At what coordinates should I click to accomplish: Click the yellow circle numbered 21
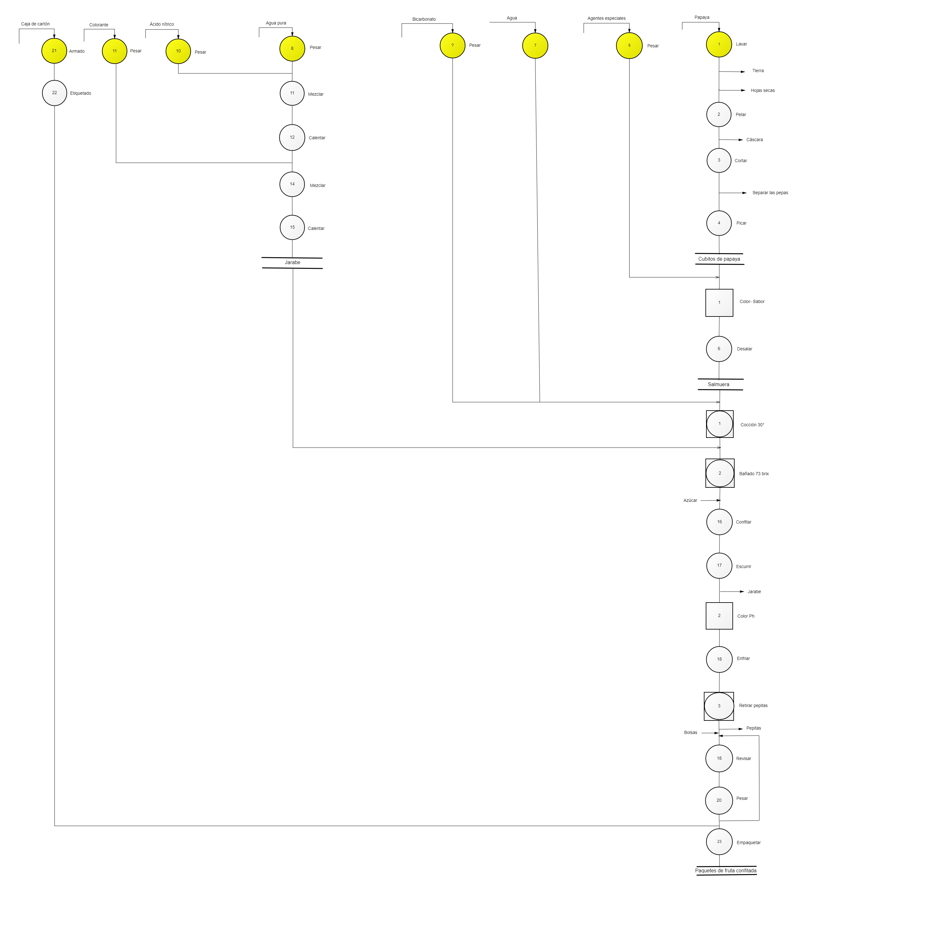coord(54,51)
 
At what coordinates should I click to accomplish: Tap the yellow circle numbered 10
coord(178,51)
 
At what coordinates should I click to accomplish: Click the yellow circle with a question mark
coord(453,45)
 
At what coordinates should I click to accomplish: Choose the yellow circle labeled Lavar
coord(719,44)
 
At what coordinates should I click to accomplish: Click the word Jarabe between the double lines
coord(292,263)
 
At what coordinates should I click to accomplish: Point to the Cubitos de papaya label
coord(719,259)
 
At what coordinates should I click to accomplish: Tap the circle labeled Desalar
coord(719,349)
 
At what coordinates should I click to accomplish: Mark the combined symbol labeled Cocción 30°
coord(720,424)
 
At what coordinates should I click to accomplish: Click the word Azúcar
coord(690,501)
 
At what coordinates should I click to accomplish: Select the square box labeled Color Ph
coord(719,616)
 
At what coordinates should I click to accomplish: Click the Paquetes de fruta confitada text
coord(726,871)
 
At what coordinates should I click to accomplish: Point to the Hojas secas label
coord(763,91)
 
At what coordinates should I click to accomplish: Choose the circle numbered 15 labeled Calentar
coord(292,227)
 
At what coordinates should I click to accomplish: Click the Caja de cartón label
coord(35,24)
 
